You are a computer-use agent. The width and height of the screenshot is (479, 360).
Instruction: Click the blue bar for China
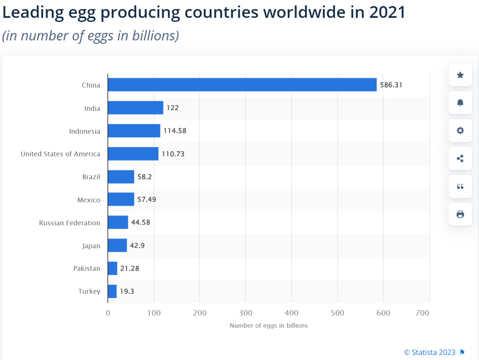pyautogui.click(x=242, y=85)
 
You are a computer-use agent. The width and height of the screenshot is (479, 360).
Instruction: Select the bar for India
pyautogui.click(x=135, y=108)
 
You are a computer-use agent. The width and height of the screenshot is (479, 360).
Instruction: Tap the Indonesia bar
pyautogui.click(x=134, y=131)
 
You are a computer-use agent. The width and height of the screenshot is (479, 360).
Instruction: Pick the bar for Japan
pyautogui.click(x=117, y=245)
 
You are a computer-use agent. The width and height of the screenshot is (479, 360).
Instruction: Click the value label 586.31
pyautogui.click(x=391, y=85)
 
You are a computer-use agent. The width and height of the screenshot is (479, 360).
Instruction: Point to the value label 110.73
pyautogui.click(x=173, y=154)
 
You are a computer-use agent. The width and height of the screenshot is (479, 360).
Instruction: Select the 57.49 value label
pyautogui.click(x=147, y=200)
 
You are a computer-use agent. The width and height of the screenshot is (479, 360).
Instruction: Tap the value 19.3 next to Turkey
pyautogui.click(x=127, y=291)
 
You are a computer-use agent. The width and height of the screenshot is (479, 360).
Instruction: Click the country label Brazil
pyautogui.click(x=91, y=176)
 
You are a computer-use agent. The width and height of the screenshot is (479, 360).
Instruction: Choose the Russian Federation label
pyautogui.click(x=70, y=223)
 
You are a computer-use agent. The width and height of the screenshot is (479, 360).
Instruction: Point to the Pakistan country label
pyautogui.click(x=87, y=268)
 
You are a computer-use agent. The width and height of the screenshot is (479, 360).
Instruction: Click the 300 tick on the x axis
pyautogui.click(x=246, y=313)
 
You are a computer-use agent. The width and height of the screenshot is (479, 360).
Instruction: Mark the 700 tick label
pyautogui.click(x=423, y=313)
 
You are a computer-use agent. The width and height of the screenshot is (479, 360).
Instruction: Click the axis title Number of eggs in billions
pyautogui.click(x=268, y=325)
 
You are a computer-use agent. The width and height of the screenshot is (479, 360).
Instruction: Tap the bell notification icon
pyautogui.click(x=460, y=103)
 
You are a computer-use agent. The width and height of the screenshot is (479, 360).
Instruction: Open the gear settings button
pyautogui.click(x=460, y=130)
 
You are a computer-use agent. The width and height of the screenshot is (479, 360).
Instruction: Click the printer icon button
pyautogui.click(x=460, y=214)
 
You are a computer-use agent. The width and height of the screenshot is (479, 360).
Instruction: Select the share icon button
pyautogui.click(x=460, y=158)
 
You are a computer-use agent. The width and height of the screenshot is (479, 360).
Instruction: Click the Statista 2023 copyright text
pyautogui.click(x=430, y=352)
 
